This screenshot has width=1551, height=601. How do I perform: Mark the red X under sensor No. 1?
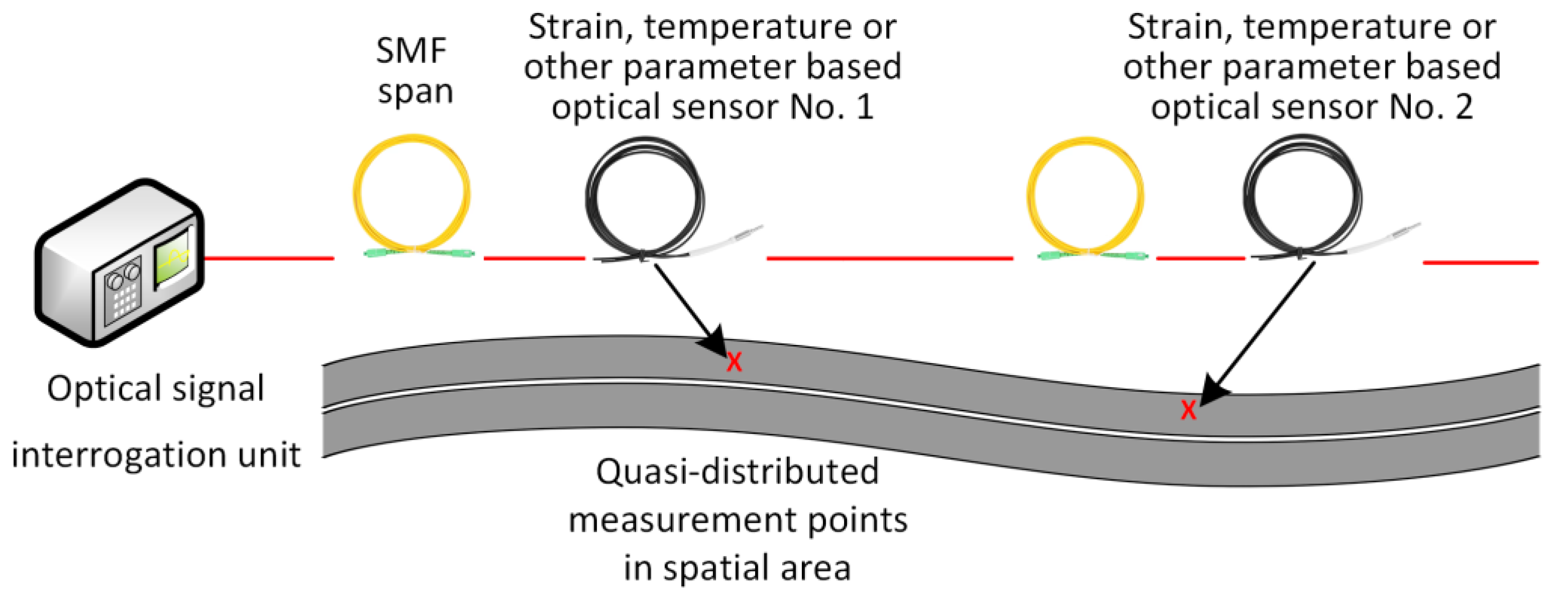734,362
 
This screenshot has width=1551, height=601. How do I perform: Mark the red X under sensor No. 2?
1188,410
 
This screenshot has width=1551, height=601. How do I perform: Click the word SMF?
411,51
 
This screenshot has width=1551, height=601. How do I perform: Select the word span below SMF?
415,93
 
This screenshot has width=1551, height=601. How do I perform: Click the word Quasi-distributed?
737,471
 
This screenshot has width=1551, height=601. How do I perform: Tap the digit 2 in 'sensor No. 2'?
1464,107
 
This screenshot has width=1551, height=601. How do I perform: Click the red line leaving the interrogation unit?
269,259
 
